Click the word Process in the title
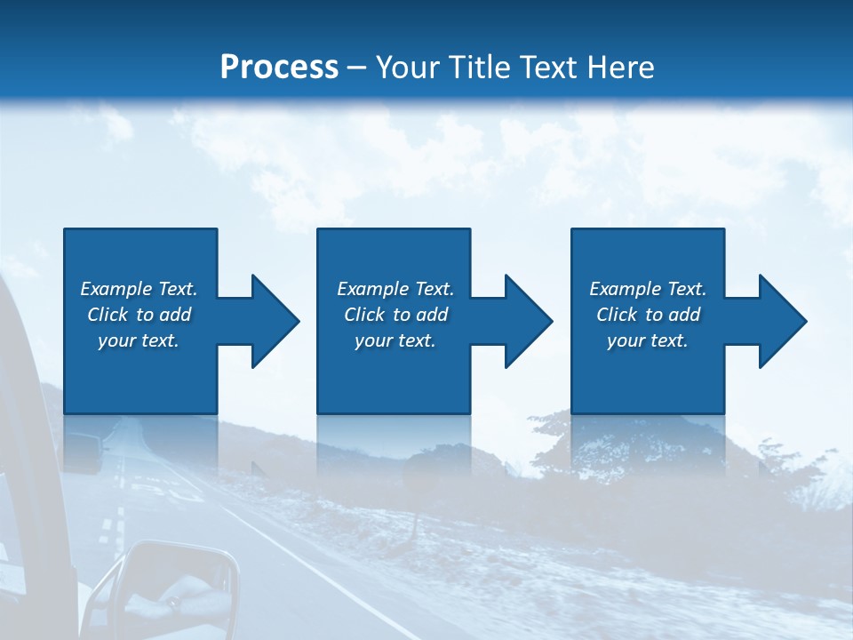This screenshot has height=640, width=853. click(279, 68)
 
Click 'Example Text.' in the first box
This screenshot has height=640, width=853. click(139, 289)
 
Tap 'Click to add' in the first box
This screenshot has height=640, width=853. click(139, 315)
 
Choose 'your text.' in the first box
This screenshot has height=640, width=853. click(139, 340)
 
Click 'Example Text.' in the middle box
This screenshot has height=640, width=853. click(395, 289)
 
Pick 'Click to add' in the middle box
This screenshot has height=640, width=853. click(395, 315)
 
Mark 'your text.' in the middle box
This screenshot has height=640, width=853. click(395, 340)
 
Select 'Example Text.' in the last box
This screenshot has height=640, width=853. click(648, 289)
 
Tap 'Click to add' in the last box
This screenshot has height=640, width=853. click(648, 315)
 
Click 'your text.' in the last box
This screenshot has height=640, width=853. click(648, 340)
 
